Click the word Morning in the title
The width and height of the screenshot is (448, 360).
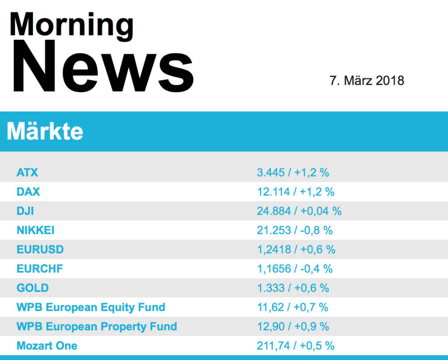pos(71,24)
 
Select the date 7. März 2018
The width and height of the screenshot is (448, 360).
pos(367,80)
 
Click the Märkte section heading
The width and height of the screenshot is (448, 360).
pos(45,131)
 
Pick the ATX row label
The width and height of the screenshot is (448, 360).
pos(27,173)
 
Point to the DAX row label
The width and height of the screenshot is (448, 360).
pos(28,192)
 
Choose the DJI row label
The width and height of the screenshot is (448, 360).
pos(25,211)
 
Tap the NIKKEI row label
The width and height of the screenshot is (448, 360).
pos(35,231)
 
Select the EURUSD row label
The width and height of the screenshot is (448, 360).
pos(40,250)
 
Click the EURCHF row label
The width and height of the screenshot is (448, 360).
pos(39,269)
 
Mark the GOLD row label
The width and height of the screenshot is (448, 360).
pos(32,288)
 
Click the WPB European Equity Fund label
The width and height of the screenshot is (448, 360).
pos(91,308)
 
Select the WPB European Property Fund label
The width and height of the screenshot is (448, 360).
pos(97,327)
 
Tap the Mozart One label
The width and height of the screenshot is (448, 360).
pos(47,346)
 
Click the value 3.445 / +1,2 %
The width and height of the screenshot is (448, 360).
pos(293,173)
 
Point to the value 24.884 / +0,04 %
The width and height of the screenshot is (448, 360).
pos(299,211)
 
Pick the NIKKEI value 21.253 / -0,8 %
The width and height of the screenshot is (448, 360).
pos(294,231)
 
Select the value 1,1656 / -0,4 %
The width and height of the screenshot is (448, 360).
pos(294,269)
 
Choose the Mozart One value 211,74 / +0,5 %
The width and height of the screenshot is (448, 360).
pos(295,346)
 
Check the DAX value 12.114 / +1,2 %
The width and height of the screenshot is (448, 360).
pos(295,192)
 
